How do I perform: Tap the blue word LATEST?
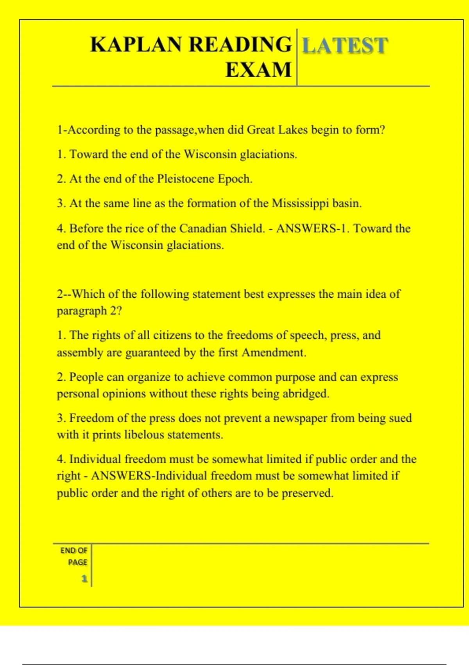[345, 45]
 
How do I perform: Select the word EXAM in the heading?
[258, 70]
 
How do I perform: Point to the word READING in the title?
[240, 45]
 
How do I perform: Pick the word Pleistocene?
[186, 179]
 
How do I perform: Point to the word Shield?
[248, 228]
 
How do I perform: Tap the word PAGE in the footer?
[77, 562]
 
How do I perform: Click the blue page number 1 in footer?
[84, 579]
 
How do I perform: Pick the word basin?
[347, 203]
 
